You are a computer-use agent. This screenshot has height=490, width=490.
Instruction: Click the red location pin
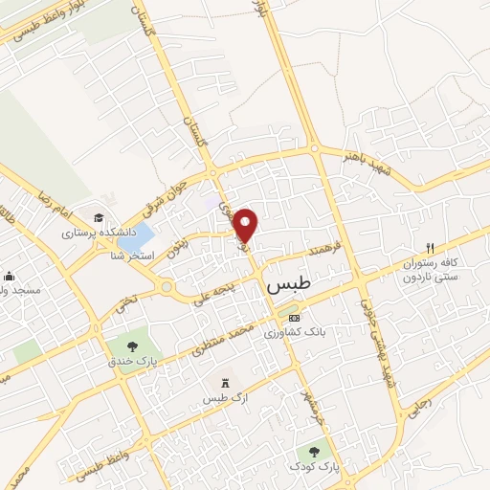pyautogui.click(x=246, y=224)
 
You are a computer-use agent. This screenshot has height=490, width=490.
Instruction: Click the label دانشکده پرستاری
pyautogui.click(x=100, y=233)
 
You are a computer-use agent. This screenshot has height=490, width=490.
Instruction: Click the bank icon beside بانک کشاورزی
pyautogui.click(x=294, y=318)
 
